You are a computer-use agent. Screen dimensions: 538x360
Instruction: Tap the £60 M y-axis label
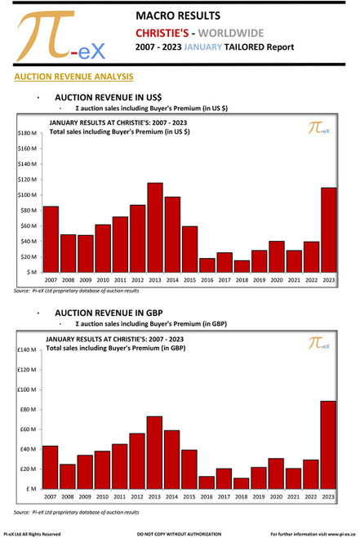click(x=28, y=429)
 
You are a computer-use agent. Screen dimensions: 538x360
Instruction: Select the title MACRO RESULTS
click(x=177, y=15)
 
